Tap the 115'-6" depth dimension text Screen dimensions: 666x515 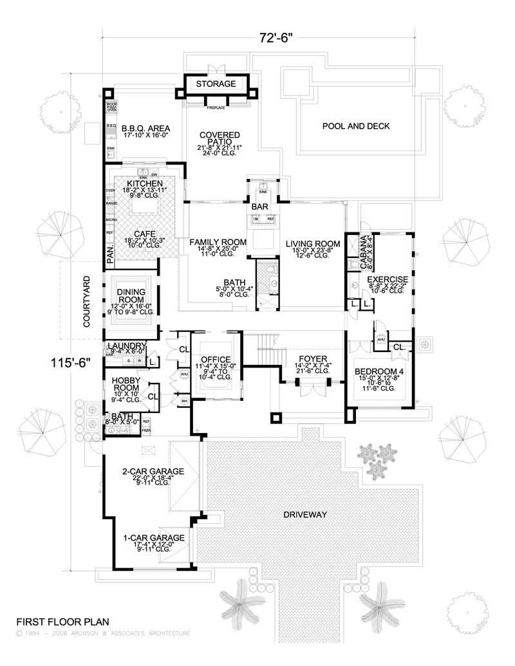pyautogui.click(x=69, y=363)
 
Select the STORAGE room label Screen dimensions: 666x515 pyautogui.click(x=216, y=84)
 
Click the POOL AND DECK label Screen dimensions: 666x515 pyautogui.click(x=356, y=126)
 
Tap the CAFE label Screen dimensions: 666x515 pyautogui.click(x=145, y=234)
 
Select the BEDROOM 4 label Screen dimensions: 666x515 pyautogui.click(x=380, y=371)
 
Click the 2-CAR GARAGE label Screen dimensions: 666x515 pyautogui.click(x=153, y=472)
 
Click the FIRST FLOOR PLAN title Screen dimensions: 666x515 pyautogui.click(x=62, y=622)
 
